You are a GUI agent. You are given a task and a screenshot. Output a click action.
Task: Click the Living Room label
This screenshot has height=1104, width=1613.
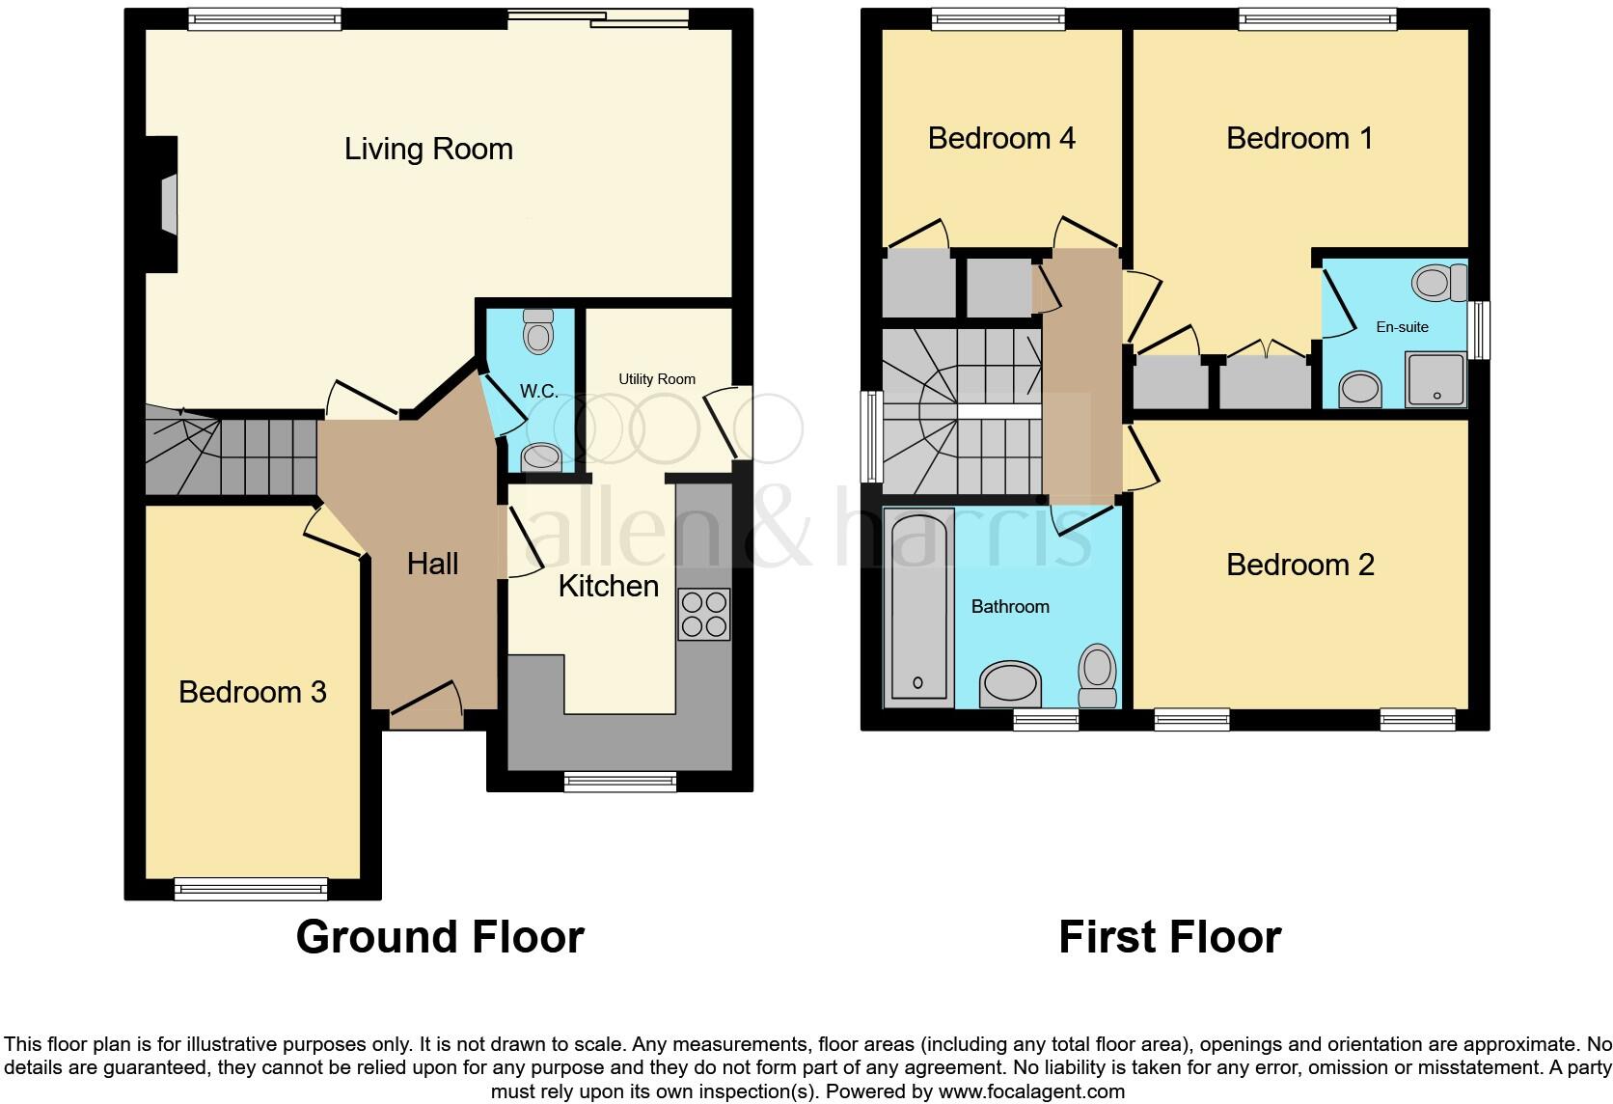(x=428, y=150)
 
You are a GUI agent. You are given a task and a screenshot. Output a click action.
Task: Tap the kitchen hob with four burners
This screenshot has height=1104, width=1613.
(x=703, y=615)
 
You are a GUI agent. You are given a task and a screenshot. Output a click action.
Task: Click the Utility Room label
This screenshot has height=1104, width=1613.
(x=656, y=379)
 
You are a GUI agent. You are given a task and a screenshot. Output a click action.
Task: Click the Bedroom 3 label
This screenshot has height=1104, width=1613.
(x=253, y=692)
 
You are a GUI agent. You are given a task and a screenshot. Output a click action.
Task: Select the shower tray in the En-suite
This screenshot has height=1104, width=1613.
(x=1435, y=378)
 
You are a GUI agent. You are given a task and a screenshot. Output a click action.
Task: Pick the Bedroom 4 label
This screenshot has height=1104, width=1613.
(x=1001, y=139)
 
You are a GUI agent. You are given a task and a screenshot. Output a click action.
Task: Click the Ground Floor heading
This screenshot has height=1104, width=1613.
(x=440, y=937)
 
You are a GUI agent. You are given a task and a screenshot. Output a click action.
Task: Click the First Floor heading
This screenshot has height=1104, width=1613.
(x=1169, y=937)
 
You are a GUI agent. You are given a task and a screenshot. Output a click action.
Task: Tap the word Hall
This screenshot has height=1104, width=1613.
(x=432, y=565)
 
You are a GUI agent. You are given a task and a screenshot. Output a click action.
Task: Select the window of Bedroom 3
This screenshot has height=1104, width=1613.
(x=251, y=888)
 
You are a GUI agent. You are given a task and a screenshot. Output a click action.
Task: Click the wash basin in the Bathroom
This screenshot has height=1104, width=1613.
(x=1010, y=684)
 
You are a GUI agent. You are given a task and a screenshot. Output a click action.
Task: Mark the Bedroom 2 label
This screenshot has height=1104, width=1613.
(x=1299, y=566)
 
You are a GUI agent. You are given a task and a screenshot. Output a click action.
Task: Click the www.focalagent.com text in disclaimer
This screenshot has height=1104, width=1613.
(x=1031, y=1091)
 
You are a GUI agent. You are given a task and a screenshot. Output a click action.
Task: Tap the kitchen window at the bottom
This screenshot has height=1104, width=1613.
(x=620, y=782)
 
